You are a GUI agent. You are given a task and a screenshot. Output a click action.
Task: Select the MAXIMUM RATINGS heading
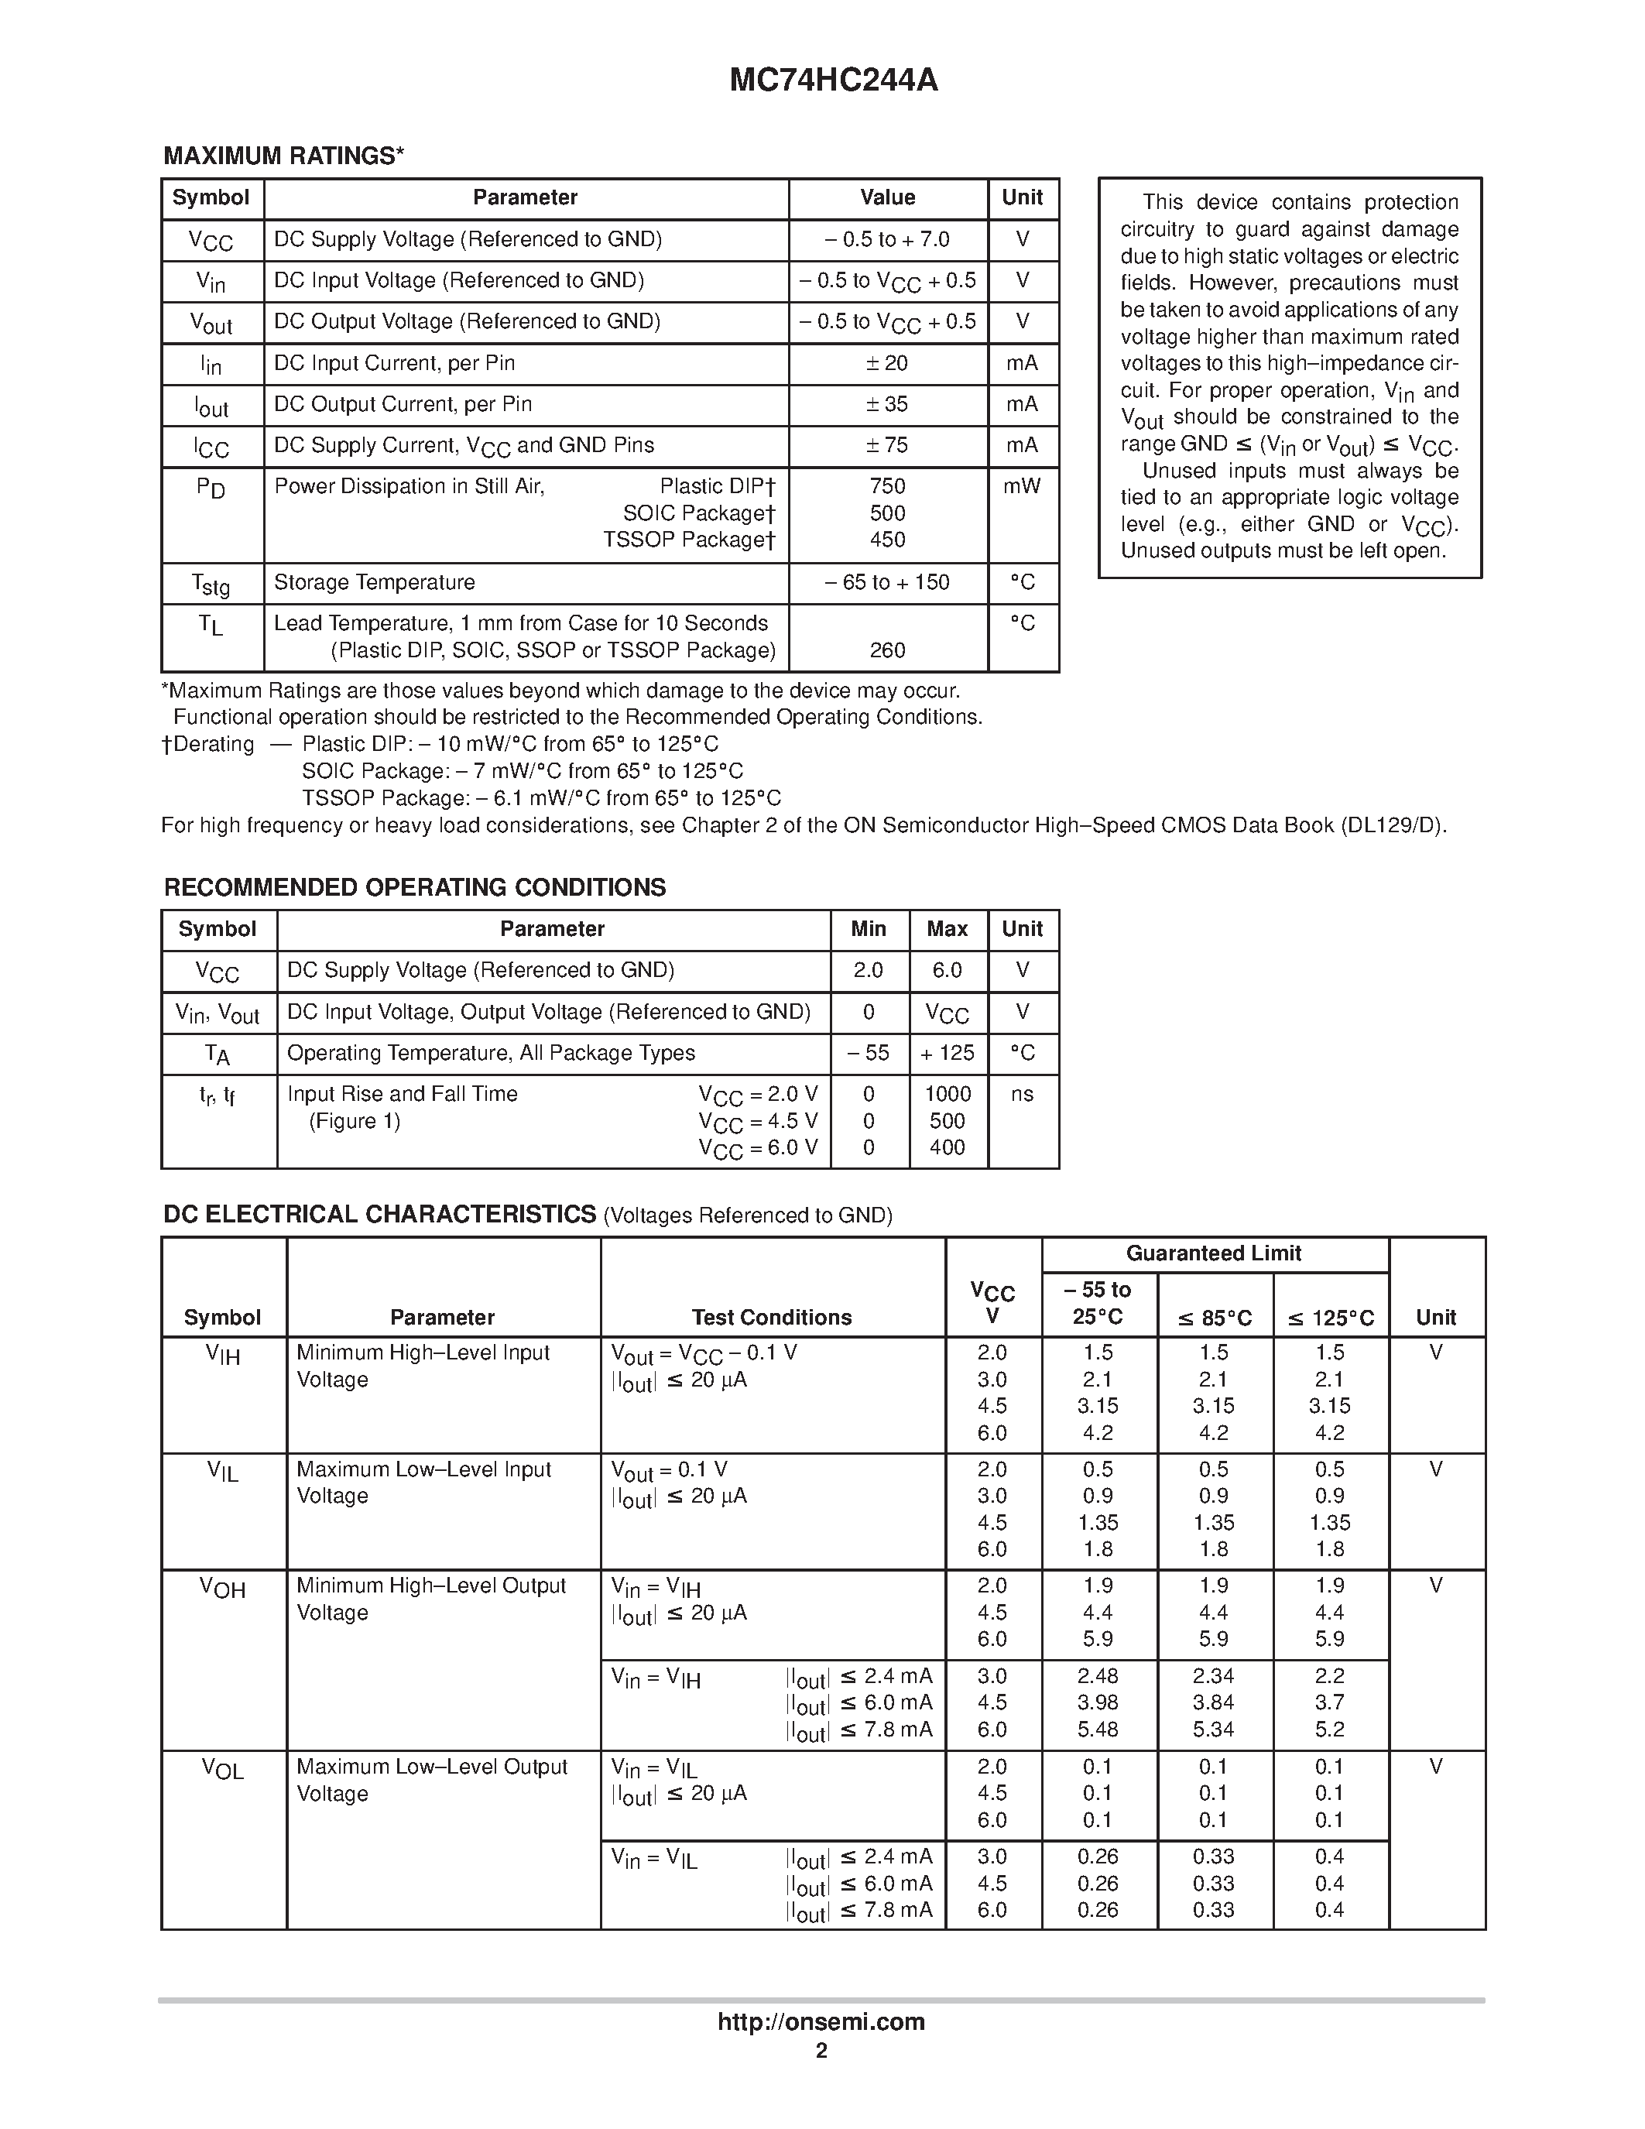[x=283, y=156]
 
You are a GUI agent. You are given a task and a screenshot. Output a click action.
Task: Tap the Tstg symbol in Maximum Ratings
[x=211, y=584]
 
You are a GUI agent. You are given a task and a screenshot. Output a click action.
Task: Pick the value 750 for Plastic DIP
[x=887, y=486]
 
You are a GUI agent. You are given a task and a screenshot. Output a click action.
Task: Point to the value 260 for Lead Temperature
[x=887, y=650]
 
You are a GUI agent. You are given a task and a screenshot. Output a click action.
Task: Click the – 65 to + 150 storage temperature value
[x=887, y=583]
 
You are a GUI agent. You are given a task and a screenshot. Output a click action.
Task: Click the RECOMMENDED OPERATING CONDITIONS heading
[x=414, y=887]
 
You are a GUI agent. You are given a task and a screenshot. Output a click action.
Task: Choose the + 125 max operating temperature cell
[x=948, y=1053]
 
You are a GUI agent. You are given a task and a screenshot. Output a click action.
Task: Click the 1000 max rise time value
[x=948, y=1094]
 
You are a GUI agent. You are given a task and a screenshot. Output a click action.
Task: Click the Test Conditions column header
[x=771, y=1317]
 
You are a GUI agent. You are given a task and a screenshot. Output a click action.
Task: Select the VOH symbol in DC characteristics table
[x=222, y=1588]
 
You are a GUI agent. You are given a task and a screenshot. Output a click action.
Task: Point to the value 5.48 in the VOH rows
[x=1098, y=1730]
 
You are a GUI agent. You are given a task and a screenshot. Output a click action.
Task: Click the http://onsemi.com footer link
[x=821, y=2021]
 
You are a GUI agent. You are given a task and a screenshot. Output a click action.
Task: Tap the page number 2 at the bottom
[x=821, y=2051]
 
